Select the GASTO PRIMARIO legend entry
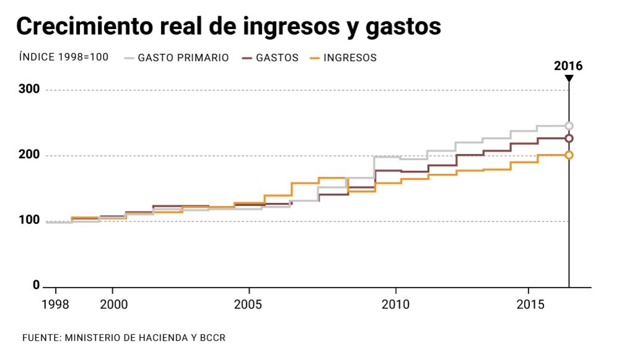(183, 58)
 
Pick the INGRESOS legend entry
(350, 58)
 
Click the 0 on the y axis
(37, 286)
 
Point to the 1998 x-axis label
(56, 304)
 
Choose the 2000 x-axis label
(112, 304)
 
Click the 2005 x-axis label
(248, 304)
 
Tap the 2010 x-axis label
(396, 304)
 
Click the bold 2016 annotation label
(568, 66)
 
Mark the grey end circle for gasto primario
(569, 126)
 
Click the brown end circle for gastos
(569, 139)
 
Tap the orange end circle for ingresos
(569, 155)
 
